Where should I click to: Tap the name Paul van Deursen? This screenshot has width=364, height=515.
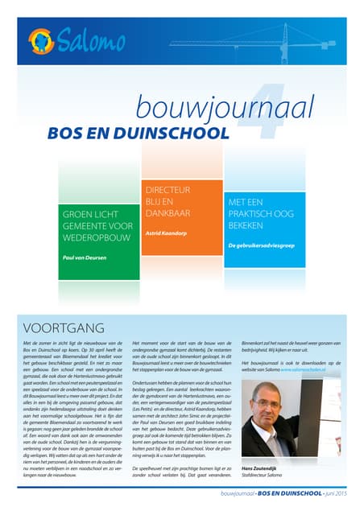click(85, 258)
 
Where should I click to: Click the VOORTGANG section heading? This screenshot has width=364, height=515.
click(65, 328)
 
